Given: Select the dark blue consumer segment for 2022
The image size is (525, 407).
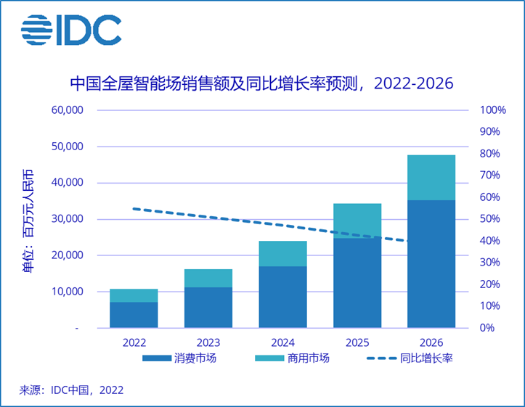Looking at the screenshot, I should tap(134, 315).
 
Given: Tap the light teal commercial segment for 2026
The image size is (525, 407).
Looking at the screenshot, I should tap(431, 177).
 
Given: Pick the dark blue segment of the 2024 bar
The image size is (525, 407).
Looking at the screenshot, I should tap(282, 297).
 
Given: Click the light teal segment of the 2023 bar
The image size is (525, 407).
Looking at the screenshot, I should tap(208, 278).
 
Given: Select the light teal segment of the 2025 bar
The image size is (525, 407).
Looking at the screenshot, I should tap(357, 220).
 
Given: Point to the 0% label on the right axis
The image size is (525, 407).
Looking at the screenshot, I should tap(487, 328).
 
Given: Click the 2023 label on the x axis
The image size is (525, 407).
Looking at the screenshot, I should tap(208, 342).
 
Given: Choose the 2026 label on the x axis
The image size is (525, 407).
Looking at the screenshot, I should tap(431, 342).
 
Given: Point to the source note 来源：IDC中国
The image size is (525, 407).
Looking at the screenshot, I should tap(71, 390).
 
